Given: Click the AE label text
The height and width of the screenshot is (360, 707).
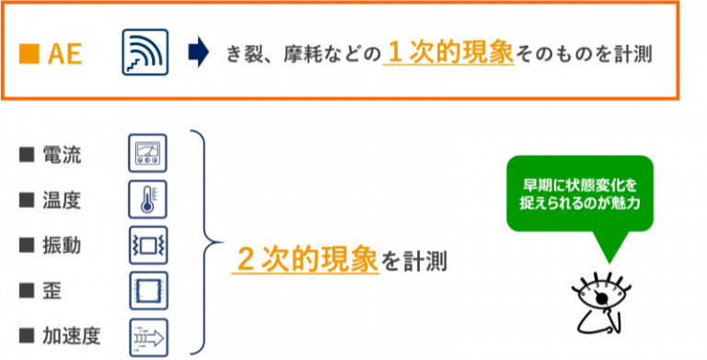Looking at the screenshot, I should [64, 55].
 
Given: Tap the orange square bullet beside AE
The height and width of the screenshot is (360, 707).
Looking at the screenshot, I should [29, 55].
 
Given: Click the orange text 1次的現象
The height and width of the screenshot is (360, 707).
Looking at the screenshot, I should [448, 52].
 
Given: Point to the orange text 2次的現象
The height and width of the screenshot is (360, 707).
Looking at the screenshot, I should [307, 260].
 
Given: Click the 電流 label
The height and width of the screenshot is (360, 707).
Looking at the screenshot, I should [64, 155].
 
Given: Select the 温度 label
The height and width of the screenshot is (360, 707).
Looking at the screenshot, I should [64, 200].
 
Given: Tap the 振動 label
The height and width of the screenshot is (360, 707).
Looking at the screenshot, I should [64, 245].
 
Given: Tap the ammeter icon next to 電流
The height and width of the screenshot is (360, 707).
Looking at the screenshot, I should [148, 153].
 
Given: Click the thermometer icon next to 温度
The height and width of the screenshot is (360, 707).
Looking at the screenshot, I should [148, 199].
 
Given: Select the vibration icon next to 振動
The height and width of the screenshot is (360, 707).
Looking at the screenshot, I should [148, 245].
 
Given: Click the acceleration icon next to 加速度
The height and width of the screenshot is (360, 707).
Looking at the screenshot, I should [148, 335].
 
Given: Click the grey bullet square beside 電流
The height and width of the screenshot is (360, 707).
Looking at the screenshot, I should [27, 155].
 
